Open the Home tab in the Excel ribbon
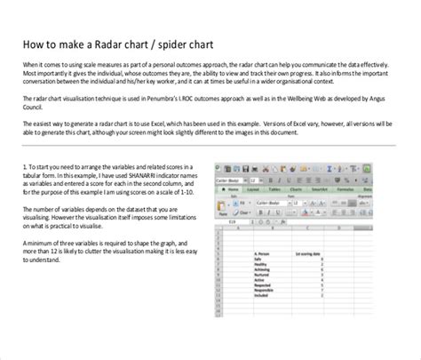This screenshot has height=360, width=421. coord(234,188)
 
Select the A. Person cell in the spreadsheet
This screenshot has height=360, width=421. coord(264,254)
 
